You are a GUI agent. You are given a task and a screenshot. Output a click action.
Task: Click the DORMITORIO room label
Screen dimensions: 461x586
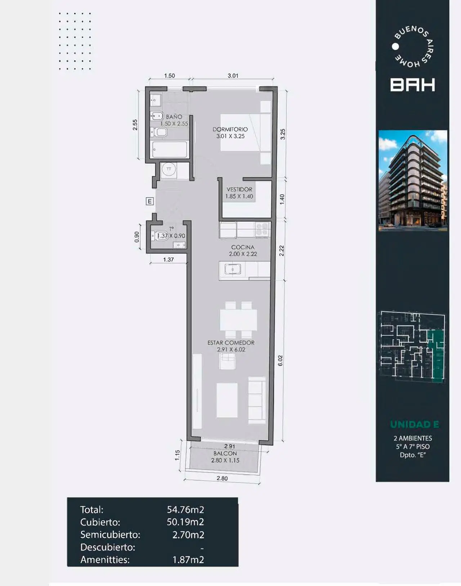click(x=230, y=129)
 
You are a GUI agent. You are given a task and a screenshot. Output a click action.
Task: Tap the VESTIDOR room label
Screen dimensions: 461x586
click(x=240, y=189)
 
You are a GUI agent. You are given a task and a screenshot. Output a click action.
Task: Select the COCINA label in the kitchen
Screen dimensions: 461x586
click(x=243, y=247)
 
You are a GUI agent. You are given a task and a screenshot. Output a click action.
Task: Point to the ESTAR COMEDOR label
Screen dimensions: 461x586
click(x=231, y=343)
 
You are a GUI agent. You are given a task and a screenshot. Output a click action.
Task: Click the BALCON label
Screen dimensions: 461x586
click(x=225, y=454)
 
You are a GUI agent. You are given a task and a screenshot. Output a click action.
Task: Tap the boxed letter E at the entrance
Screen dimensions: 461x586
click(x=149, y=201)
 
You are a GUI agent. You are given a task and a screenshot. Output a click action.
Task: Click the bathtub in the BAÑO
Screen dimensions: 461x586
click(x=170, y=149)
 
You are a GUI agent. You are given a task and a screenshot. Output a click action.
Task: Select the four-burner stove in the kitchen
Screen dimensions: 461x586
click(x=262, y=229)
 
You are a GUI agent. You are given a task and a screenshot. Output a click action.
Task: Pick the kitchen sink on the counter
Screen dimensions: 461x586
click(x=232, y=269)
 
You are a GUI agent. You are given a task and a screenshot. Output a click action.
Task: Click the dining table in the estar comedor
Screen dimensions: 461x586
click(x=238, y=320)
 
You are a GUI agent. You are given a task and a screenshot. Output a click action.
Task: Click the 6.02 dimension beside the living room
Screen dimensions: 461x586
click(x=280, y=361)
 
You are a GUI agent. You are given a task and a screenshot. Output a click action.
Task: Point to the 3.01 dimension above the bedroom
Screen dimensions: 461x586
click(x=233, y=76)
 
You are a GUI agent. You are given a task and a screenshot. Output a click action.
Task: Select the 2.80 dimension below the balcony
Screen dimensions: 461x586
click(x=222, y=478)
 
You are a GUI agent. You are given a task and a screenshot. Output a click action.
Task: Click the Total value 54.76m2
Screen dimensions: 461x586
click(x=185, y=509)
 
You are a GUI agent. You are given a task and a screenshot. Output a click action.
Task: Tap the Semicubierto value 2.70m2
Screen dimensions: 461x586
click(x=188, y=535)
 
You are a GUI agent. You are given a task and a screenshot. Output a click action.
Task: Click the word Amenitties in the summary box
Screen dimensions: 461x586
click(x=105, y=560)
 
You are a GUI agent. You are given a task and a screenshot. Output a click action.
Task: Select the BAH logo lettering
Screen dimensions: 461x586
click(x=412, y=85)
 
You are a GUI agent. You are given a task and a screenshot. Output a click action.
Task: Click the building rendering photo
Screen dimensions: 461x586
click(x=413, y=181)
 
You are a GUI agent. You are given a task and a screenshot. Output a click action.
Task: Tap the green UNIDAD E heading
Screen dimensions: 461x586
click(x=415, y=424)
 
